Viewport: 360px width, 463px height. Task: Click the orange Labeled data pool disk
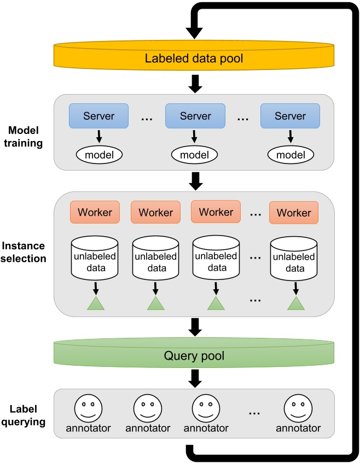tap(194, 57)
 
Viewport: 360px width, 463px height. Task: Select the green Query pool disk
tap(194, 356)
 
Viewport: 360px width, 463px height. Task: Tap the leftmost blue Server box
tap(98, 116)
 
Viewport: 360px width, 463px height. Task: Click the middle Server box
tap(195, 116)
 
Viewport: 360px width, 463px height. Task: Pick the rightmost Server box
tap(290, 116)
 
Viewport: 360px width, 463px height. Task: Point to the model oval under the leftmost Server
tap(98, 155)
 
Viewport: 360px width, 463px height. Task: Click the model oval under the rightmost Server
tap(290, 155)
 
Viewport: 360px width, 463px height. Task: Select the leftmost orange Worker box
tap(95, 212)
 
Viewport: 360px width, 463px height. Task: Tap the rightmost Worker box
tap(294, 213)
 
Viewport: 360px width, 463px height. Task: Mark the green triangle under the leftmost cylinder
tap(95, 303)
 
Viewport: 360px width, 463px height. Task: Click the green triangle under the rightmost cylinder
tap(295, 303)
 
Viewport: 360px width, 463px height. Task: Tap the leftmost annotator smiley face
tap(88, 408)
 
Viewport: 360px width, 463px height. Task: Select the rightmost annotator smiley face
tap(298, 408)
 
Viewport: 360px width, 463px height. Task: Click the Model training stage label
tap(26, 137)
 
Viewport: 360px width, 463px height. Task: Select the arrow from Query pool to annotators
tap(194, 378)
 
